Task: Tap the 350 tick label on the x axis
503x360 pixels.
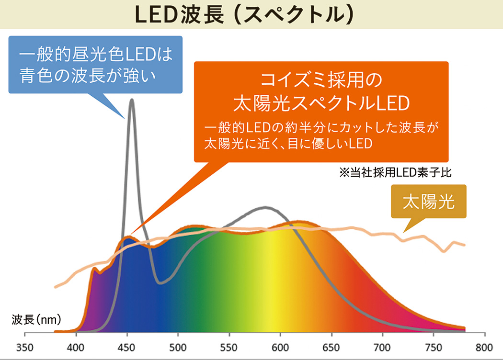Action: click(x=25, y=347)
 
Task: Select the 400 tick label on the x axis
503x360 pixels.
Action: click(x=76, y=347)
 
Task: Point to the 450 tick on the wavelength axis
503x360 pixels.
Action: click(x=127, y=347)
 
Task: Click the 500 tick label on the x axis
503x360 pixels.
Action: click(x=178, y=347)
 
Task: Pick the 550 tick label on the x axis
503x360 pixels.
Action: click(x=229, y=347)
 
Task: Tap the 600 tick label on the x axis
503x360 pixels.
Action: click(x=280, y=347)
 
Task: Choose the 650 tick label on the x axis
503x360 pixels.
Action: click(x=332, y=347)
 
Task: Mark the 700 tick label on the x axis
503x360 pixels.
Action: click(x=382, y=347)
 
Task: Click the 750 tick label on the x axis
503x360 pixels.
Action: click(x=434, y=347)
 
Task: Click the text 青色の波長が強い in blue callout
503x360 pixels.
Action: click(x=89, y=75)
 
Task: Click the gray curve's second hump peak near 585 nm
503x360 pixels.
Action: click(x=264, y=207)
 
